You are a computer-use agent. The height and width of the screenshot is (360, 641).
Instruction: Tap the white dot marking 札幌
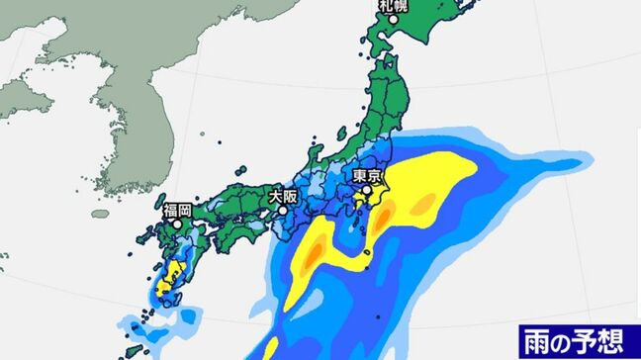click(x=395, y=19)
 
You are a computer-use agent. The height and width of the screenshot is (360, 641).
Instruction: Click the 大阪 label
click(x=283, y=196)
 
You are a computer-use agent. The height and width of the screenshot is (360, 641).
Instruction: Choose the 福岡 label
click(x=179, y=210)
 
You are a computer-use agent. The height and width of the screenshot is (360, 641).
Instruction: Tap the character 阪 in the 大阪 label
click(x=291, y=196)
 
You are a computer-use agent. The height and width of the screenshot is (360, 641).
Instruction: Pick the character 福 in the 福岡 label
click(x=171, y=210)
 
